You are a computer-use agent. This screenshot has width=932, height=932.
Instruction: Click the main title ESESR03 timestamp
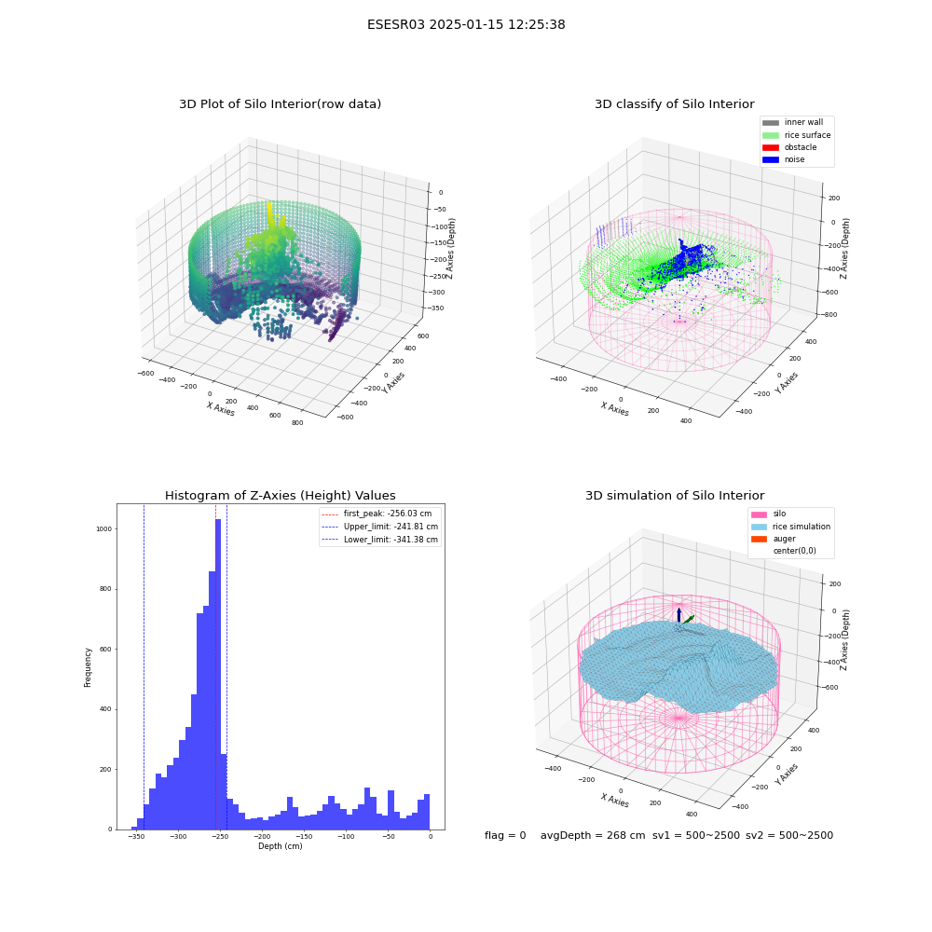click(466, 25)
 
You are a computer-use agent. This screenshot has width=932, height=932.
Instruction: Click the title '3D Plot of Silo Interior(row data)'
click(280, 104)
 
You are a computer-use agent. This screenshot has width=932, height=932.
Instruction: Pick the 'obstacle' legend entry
click(789, 147)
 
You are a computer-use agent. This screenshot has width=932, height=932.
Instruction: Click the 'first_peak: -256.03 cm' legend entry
click(377, 514)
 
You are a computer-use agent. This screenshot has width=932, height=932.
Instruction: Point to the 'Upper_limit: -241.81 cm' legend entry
click(380, 527)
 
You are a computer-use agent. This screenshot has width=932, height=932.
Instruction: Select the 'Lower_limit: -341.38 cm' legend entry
click(380, 540)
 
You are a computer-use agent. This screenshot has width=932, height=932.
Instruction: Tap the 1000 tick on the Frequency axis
click(104, 529)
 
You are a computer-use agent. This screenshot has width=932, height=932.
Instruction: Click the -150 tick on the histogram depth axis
click(305, 837)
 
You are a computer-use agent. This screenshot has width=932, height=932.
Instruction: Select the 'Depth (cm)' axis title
click(280, 846)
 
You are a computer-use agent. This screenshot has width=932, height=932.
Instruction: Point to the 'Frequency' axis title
click(88, 667)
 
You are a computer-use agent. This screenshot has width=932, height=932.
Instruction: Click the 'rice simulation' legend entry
click(791, 527)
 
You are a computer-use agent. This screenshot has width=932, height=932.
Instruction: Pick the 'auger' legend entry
click(774, 539)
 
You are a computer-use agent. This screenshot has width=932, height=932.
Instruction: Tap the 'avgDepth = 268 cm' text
click(593, 836)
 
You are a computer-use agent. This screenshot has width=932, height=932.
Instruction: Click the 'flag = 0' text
click(505, 836)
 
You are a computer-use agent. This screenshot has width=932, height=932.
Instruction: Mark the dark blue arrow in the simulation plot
click(678, 615)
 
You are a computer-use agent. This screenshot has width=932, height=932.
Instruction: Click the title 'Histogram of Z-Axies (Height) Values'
click(280, 496)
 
